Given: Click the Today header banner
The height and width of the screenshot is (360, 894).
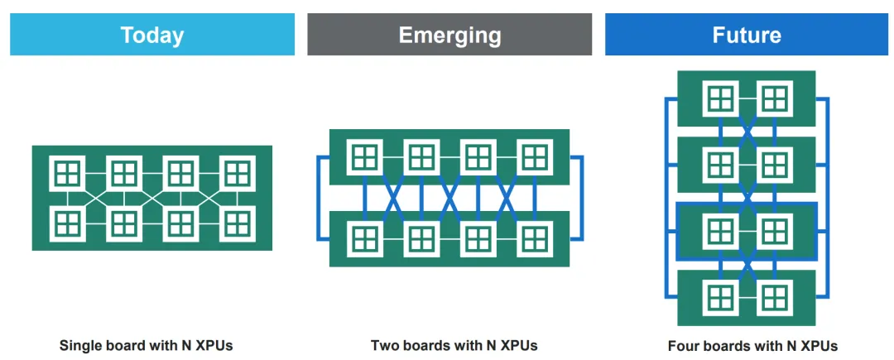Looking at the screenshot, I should tap(152, 35).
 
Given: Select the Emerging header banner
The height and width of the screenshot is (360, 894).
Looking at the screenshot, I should tap(449, 35).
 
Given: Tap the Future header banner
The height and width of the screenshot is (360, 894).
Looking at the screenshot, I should tap(747, 35).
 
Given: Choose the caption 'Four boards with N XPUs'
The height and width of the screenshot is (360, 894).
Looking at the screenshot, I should tap(752, 346).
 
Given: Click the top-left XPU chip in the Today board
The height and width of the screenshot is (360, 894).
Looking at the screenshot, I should tap(67, 173).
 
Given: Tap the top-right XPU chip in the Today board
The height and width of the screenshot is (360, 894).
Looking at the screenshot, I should tap(238, 173).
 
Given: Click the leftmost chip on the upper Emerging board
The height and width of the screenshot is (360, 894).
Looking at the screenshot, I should tap(364, 156).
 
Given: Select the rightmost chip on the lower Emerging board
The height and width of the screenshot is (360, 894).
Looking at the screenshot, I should tap(534, 238).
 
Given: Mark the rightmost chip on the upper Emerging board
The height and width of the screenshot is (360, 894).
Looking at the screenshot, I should tap(534, 156).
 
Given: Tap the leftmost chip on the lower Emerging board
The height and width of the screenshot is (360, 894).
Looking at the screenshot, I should tap(364, 238).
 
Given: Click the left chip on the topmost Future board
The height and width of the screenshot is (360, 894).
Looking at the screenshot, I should tap(720, 98).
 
